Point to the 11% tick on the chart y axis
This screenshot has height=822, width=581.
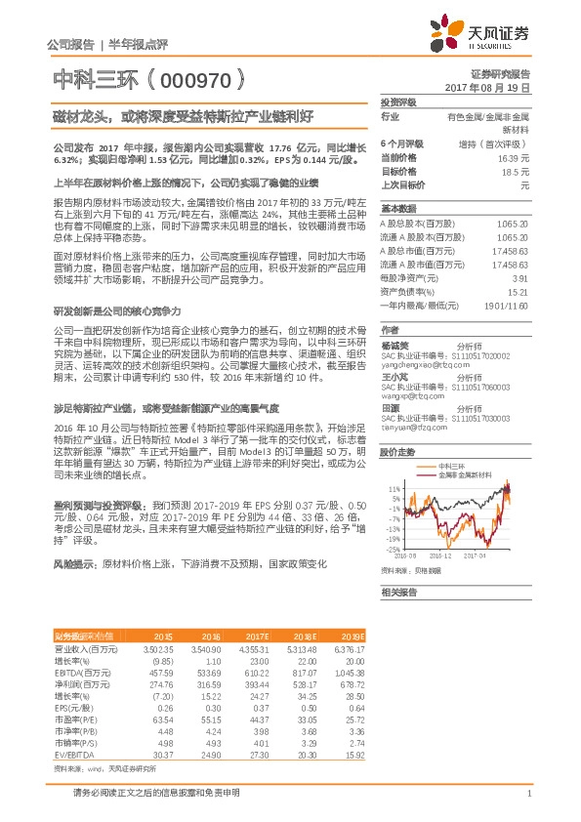[x=394, y=487]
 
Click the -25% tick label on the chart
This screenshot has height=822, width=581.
[x=393, y=550]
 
